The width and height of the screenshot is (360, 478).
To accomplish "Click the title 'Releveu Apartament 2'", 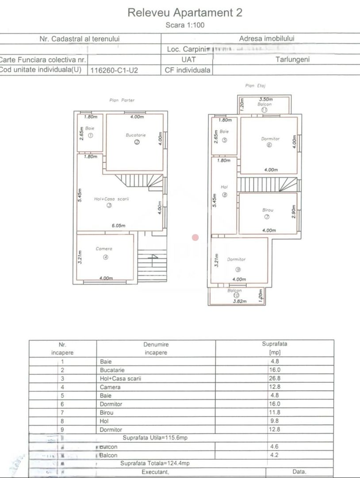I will (184, 12).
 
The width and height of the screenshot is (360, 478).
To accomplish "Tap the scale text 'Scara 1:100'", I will (184, 25).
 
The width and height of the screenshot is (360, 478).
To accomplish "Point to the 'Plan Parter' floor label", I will (122, 100).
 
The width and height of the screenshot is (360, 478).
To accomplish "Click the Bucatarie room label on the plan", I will (136, 135).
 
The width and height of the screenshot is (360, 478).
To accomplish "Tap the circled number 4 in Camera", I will (106, 258).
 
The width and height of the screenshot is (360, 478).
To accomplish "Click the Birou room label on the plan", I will (268, 210).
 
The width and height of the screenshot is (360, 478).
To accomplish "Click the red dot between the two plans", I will (195, 238).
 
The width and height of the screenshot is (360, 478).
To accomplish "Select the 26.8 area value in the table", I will (274, 378).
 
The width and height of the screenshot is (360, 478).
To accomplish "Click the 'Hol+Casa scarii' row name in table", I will (120, 378).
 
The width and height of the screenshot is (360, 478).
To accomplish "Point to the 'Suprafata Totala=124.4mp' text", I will (155, 463).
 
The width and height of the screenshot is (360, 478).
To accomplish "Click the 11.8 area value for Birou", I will (274, 412).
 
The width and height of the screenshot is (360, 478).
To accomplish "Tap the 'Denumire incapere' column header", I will (156, 348).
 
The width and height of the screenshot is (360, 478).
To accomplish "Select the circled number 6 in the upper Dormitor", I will (269, 144).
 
